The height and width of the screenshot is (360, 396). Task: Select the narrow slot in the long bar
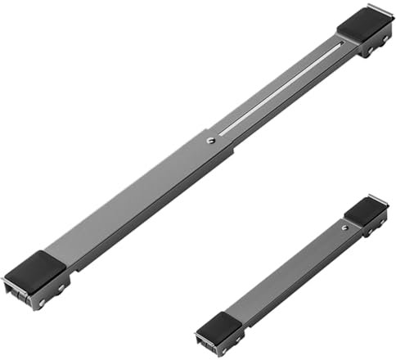278,90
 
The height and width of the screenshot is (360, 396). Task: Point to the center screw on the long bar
209,140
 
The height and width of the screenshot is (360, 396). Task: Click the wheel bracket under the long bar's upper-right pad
373,47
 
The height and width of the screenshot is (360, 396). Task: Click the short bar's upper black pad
365,212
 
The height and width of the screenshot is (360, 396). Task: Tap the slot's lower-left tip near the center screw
222,133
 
